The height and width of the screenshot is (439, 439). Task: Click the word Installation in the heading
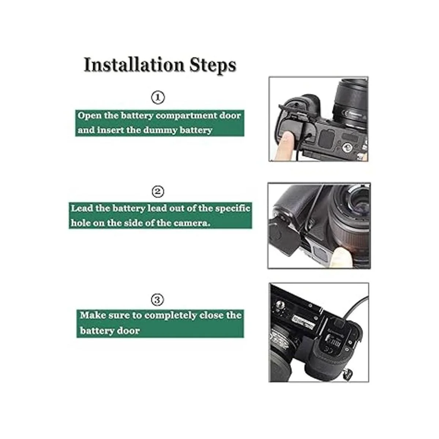[134, 65]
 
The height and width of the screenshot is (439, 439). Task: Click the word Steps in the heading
[213, 65]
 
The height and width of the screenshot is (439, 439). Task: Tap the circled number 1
[158, 98]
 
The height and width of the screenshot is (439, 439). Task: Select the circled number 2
[158, 192]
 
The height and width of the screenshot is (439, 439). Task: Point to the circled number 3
[157, 300]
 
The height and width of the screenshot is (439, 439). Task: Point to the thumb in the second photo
[341, 257]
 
